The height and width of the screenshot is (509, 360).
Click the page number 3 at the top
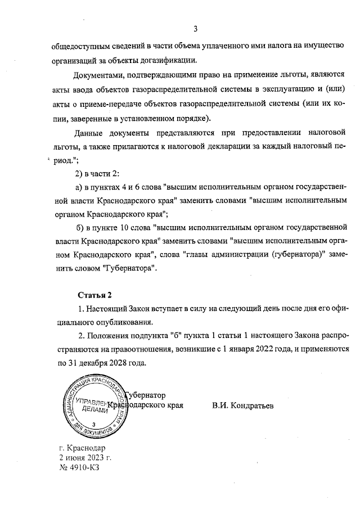pos(196,29)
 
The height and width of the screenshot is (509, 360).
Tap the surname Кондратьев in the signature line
pos(249,405)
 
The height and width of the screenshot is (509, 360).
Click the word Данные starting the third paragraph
pos(90,132)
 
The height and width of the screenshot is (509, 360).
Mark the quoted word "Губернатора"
pos(129,269)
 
